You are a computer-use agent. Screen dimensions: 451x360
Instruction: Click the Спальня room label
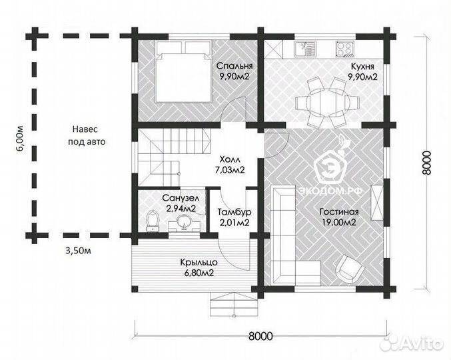click(234, 66)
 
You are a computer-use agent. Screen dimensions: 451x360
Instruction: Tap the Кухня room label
click(362, 67)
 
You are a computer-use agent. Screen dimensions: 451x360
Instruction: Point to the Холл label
click(230, 159)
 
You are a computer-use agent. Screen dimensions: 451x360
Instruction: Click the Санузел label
click(181, 198)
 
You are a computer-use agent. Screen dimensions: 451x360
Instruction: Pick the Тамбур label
click(234, 212)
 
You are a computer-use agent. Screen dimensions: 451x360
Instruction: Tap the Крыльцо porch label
click(199, 263)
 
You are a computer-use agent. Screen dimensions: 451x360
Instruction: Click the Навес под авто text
click(87, 135)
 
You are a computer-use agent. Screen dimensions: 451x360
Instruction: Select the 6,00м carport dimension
click(21, 139)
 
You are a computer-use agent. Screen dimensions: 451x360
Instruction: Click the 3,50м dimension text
click(78, 251)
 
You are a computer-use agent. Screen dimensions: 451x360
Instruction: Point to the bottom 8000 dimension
click(260, 336)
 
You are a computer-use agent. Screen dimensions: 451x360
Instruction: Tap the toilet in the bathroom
click(153, 221)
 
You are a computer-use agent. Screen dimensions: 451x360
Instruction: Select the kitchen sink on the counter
click(305, 49)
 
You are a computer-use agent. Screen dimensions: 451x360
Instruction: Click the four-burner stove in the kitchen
click(344, 49)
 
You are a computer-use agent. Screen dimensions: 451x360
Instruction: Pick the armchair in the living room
click(350, 269)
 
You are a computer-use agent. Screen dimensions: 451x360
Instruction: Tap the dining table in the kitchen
click(327, 102)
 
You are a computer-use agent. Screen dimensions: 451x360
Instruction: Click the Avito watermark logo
click(411, 343)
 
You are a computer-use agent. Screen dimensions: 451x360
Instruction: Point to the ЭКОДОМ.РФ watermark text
click(329, 191)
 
